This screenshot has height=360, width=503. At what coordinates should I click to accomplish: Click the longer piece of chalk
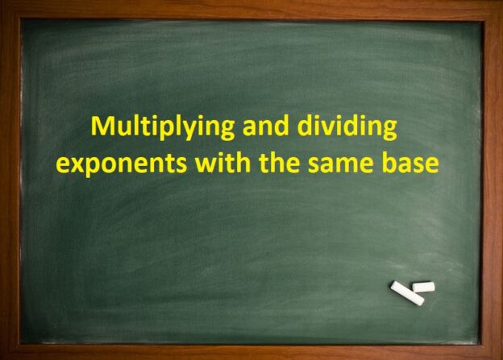406,294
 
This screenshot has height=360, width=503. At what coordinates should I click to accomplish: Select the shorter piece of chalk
423,287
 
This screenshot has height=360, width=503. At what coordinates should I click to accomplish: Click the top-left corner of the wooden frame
3,3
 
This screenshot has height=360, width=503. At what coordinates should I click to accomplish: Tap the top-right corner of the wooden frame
499,3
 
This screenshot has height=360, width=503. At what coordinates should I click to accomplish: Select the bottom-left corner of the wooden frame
3,356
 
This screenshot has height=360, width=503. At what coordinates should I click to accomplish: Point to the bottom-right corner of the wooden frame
499,356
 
